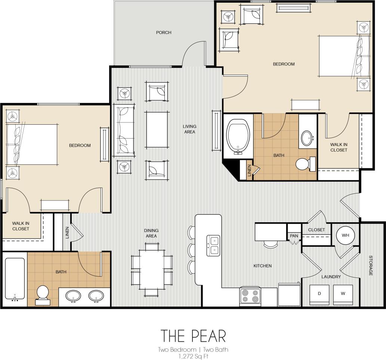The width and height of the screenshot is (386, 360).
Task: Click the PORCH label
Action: pyautogui.click(x=164, y=32)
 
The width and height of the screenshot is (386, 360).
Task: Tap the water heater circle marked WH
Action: pyautogui.click(x=346, y=235)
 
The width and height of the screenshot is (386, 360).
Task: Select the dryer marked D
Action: pyautogui.click(x=319, y=295)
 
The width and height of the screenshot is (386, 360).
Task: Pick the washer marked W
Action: pyautogui.click(x=343, y=295)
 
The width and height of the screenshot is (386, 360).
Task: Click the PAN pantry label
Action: pyautogui.click(x=294, y=236)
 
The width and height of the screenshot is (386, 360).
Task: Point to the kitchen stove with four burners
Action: pyautogui.click(x=250, y=296)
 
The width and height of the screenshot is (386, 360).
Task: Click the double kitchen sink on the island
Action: pyautogui.click(x=213, y=245)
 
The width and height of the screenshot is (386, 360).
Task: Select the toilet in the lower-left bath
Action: pyautogui.click(x=43, y=295)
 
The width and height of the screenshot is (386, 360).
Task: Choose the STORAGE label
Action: pyautogui.click(x=371, y=266)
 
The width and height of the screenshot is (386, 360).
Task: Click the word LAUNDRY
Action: pyautogui.click(x=331, y=277)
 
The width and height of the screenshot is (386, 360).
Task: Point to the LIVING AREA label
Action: pyautogui.click(x=189, y=129)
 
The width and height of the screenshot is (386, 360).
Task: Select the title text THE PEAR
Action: pyautogui.click(x=193, y=336)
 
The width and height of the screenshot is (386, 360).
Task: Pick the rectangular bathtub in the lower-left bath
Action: pyautogui.click(x=15, y=278)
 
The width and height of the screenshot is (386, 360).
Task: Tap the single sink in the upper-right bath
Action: pyautogui.click(x=308, y=138)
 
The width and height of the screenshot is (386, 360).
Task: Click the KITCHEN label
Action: pyautogui.click(x=262, y=266)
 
